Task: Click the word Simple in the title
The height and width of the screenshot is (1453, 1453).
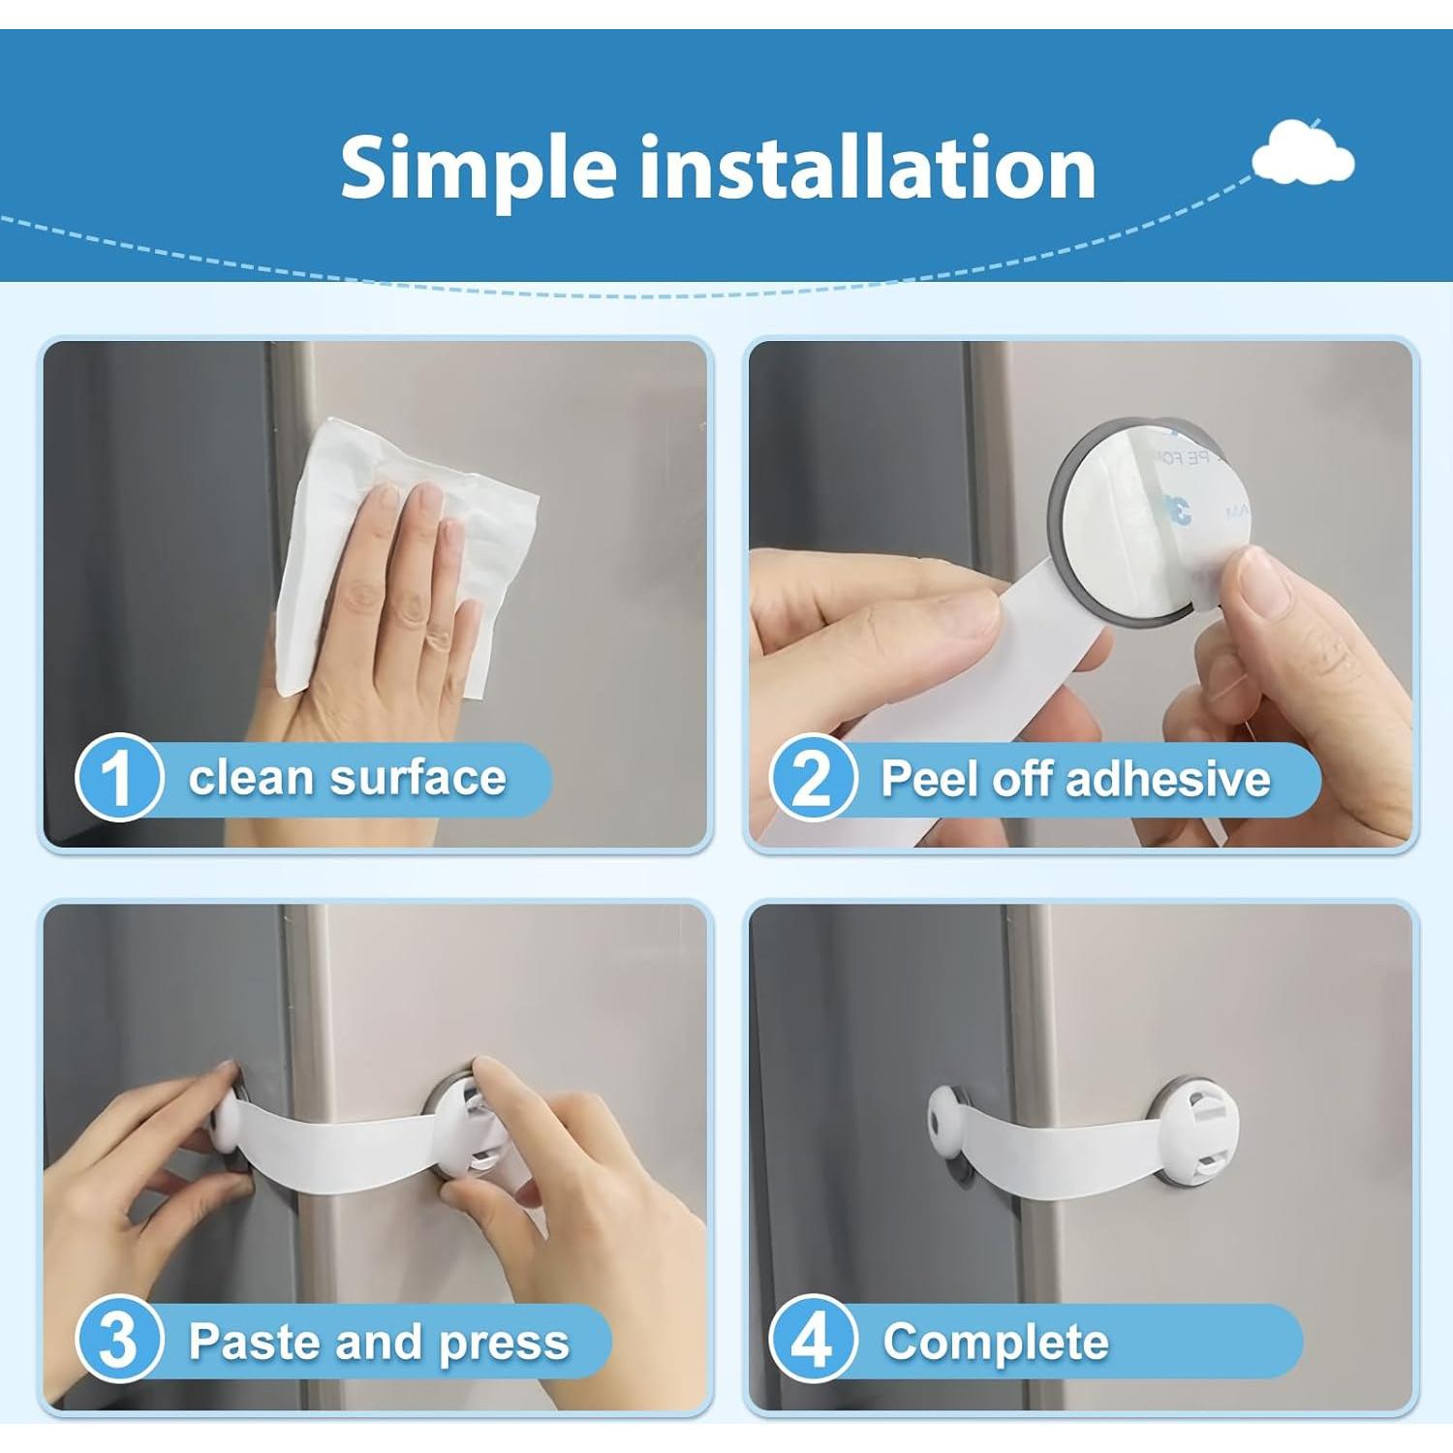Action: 479,168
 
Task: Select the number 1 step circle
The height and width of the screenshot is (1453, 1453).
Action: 118,778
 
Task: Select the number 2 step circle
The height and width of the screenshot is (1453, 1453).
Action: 813,778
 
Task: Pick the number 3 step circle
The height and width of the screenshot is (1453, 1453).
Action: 118,1342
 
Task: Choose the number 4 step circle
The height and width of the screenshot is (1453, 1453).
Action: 813,1342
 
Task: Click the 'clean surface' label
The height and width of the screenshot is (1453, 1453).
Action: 347,778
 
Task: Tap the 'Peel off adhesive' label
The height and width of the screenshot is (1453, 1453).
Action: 1075,778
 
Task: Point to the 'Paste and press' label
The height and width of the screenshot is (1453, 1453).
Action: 379,1342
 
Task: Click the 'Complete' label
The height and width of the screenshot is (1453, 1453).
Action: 996,1342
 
